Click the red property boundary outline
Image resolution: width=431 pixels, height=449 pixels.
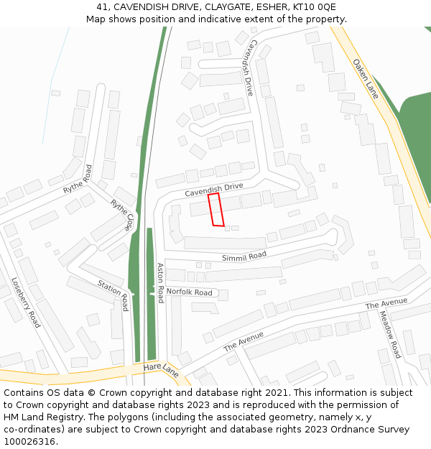click(x=215, y=209)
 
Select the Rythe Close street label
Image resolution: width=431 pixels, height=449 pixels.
click(x=121, y=215)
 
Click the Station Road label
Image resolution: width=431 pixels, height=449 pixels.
click(x=113, y=295)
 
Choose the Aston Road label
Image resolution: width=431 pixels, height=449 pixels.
click(x=161, y=282)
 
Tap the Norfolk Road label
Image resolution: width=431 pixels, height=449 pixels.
click(x=190, y=292)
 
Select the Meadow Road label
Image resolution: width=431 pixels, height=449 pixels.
click(x=390, y=334)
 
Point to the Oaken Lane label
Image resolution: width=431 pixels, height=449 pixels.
click(x=366, y=78)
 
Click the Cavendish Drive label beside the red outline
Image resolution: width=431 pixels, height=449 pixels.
click(x=214, y=190)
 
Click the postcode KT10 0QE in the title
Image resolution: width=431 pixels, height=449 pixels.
click(x=314, y=6)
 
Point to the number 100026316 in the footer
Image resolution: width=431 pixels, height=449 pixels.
click(x=29, y=442)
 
